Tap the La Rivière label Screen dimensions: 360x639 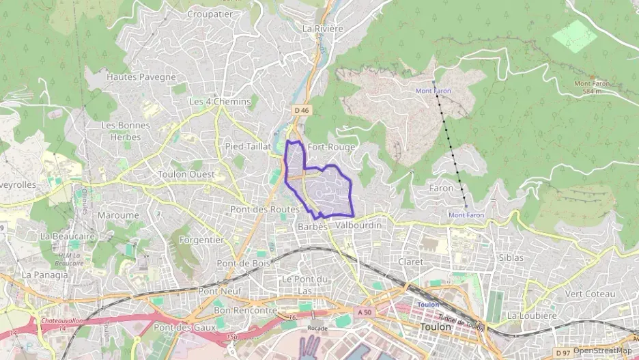pyautogui.click(x=322, y=29)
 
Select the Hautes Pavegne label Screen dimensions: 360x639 pyautogui.click(x=141, y=77)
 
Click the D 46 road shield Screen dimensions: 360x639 pyautogui.click(x=302, y=110)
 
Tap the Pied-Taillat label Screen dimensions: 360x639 pyautogui.click(x=248, y=147)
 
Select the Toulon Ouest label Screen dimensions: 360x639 pyautogui.click(x=186, y=174)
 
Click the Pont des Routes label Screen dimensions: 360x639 pyautogui.click(x=265, y=208)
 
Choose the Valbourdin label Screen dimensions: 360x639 pyautogui.click(x=358, y=225)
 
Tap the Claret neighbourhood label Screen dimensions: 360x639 pyautogui.click(x=410, y=262)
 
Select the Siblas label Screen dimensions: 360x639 pyautogui.click(x=511, y=258)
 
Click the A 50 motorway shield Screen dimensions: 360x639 pyautogui.click(x=365, y=311)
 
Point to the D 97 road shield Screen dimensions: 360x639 pyautogui.click(x=563, y=352)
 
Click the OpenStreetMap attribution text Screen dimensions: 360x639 pyautogui.click(x=602, y=350)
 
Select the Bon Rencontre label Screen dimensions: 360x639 pyautogui.click(x=245, y=310)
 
